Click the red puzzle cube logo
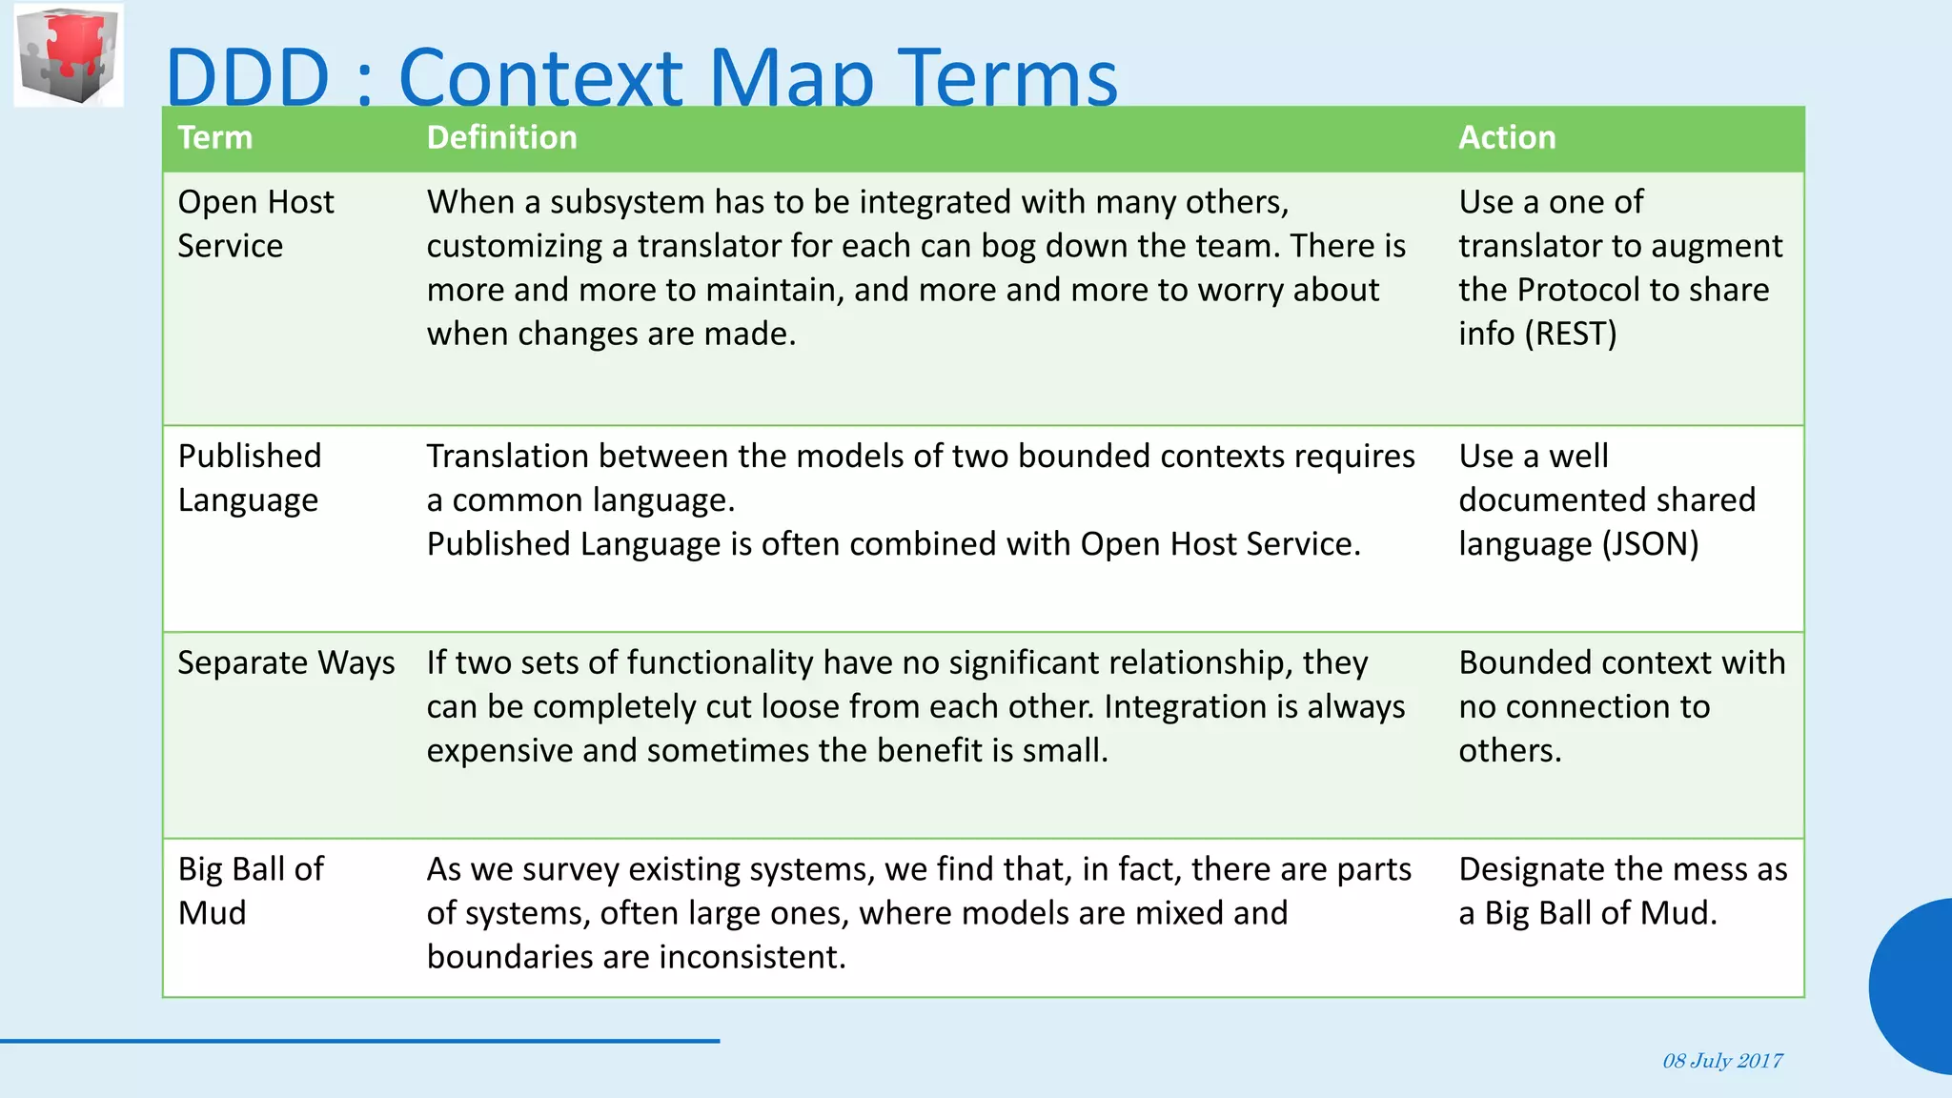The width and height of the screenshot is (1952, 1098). [x=69, y=54]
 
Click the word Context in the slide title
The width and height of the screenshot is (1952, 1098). [x=540, y=78]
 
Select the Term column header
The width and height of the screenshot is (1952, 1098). [x=215, y=137]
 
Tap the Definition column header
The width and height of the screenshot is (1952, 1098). [x=501, y=137]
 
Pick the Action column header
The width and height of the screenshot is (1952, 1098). [x=1507, y=137]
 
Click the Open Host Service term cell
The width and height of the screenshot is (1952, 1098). [x=255, y=224]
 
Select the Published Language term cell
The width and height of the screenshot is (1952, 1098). [x=249, y=478]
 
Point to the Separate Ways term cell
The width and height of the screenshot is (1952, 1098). [x=286, y=662]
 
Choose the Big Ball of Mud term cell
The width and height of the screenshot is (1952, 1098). [x=251, y=890]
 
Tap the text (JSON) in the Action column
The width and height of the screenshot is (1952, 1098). [x=1650, y=544]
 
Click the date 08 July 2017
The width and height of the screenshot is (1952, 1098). [x=1722, y=1061]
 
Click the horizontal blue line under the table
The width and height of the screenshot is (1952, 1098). [x=359, y=1041]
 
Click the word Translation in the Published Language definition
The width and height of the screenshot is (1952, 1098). [x=507, y=457]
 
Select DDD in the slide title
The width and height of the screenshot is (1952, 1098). [x=248, y=78]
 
